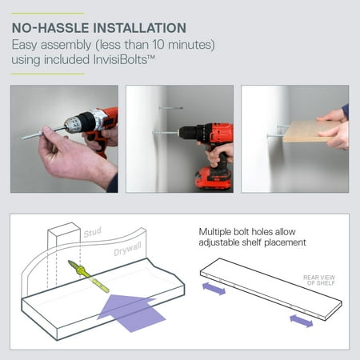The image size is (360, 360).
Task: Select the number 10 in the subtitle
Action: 158,45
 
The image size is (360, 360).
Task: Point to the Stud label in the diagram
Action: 93,232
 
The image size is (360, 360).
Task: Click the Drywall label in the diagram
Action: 127,249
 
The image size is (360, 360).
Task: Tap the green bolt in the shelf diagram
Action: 89,276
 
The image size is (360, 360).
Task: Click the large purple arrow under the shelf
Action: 131,312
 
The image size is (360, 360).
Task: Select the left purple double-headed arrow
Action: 214,289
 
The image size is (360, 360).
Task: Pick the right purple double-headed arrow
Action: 302,321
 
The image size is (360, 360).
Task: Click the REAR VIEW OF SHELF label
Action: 319,280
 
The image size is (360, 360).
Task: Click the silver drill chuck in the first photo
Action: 74,124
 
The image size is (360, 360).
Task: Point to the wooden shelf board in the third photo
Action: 310,131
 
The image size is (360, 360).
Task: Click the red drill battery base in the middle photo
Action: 214,178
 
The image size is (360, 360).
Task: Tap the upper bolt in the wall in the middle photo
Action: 171,108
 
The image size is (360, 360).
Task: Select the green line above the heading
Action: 48,14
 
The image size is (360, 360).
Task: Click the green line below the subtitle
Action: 48,74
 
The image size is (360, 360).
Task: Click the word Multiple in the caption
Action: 214,232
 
